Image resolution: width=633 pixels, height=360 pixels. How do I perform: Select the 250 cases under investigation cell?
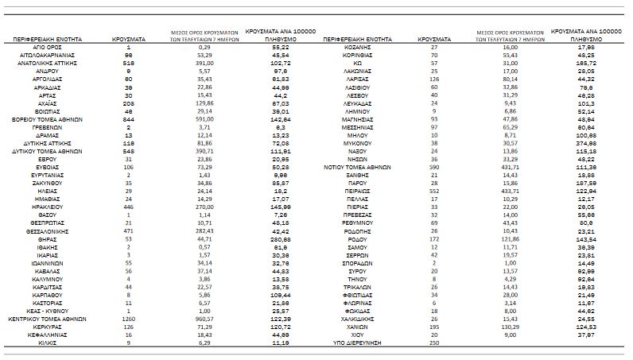click(x=433, y=342)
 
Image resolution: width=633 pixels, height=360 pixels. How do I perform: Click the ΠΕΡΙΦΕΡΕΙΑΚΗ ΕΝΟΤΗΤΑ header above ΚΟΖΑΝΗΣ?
click(x=358, y=38)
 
